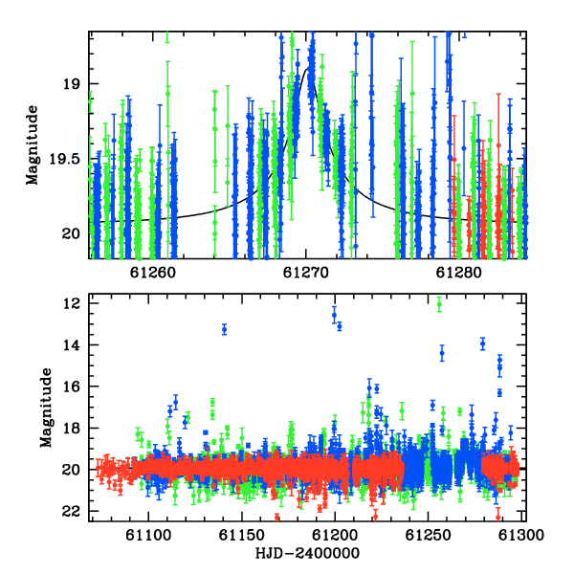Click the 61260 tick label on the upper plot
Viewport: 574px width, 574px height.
tap(153, 273)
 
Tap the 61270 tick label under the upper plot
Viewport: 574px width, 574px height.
tap(306, 273)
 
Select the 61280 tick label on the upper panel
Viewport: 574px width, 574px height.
tap(458, 273)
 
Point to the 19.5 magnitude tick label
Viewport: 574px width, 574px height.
tap(65, 159)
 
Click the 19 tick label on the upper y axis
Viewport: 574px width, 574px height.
tap(72, 84)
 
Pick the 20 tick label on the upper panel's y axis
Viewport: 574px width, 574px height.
tap(72, 233)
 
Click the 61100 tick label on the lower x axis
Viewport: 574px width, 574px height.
tap(148, 535)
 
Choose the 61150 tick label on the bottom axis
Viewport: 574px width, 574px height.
tap(242, 535)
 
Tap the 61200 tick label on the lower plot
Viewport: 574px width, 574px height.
tap(335, 535)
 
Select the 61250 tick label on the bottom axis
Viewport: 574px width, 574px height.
tap(428, 535)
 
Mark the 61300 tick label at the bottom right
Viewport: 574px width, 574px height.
tap(521, 535)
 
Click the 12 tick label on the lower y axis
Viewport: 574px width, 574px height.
tap(72, 303)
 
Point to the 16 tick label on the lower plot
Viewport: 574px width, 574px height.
tap(72, 386)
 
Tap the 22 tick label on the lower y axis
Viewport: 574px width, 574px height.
tap(72, 512)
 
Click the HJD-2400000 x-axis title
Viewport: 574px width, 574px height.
tap(307, 553)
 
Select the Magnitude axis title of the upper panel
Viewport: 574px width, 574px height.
tap(33, 145)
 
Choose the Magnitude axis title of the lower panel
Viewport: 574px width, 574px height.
tap(46, 408)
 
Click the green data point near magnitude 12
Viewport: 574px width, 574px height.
tap(439, 304)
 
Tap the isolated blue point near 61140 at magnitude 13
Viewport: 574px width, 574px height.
tap(225, 329)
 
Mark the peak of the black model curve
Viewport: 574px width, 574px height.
tap(307, 68)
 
